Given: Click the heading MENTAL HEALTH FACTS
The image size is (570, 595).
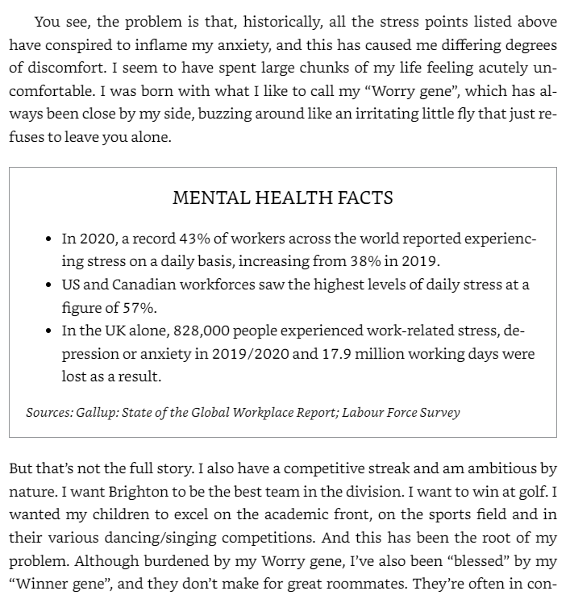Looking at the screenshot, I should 282,198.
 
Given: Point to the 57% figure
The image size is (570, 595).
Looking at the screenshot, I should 139,307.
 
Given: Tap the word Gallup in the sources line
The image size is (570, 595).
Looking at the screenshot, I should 97,413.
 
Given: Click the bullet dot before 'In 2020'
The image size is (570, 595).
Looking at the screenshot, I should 50,239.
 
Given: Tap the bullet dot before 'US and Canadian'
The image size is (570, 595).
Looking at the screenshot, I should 50,285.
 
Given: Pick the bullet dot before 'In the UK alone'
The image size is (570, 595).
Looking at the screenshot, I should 50,331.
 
